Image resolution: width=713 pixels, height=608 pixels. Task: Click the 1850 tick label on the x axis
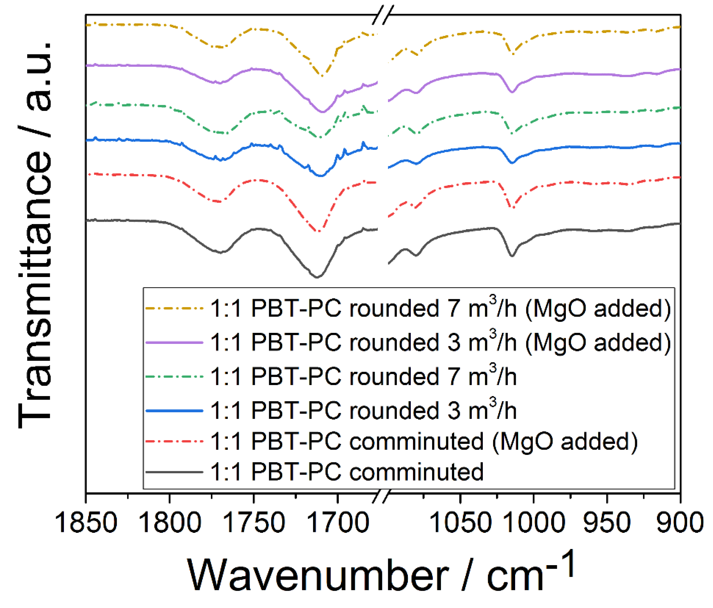pyautogui.click(x=86, y=522)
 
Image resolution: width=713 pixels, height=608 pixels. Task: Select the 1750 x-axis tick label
pyautogui.click(x=254, y=522)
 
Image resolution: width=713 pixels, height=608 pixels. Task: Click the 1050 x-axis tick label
pyautogui.click(x=460, y=522)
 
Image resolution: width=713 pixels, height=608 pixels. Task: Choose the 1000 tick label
pyautogui.click(x=534, y=522)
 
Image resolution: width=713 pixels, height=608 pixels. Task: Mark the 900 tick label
pyautogui.click(x=680, y=522)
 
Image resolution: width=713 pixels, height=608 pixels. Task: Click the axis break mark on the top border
pyautogui.click(x=383, y=15)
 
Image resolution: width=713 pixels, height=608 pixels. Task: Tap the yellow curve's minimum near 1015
pyautogui.click(x=513, y=54)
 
